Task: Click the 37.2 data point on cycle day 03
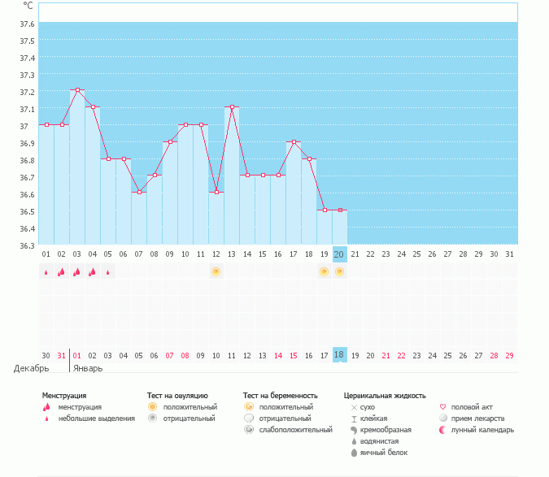[x=77, y=90]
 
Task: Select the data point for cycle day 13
[x=232, y=107]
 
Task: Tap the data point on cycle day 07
[x=139, y=193]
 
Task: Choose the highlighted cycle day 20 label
[x=340, y=254]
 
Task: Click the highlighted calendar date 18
[x=340, y=355]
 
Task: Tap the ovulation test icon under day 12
[x=216, y=271]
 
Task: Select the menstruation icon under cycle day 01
[x=46, y=272]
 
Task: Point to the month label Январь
[x=88, y=368]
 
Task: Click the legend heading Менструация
[x=65, y=396]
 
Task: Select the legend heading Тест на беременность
[x=280, y=396]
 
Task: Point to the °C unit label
[x=28, y=7]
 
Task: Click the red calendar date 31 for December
[x=61, y=355]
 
